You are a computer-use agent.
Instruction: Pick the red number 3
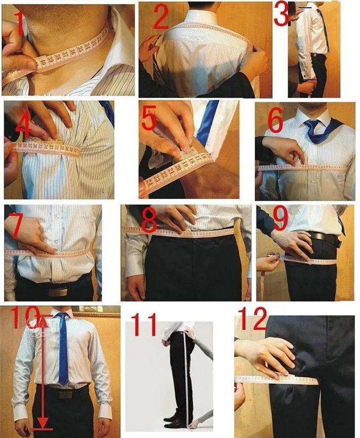click(281, 14)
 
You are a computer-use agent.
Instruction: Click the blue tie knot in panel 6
click(311, 124)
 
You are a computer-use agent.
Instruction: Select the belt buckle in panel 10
click(66, 394)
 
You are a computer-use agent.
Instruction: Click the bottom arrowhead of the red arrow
click(42, 423)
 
